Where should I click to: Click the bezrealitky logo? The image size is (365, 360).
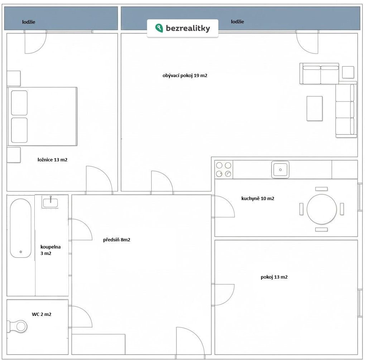pos(183,28)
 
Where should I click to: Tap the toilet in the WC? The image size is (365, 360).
pos(17,326)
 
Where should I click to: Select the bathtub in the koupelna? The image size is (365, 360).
pos(20,228)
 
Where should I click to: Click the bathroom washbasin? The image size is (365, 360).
pos(50,202)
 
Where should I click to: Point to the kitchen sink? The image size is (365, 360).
pos(280,170)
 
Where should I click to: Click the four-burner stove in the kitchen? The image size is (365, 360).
pos(224,169)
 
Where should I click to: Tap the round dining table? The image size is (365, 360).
pos(321,209)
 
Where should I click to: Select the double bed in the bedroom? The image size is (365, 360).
pos(42,116)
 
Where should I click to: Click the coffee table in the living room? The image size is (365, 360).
pos(314,108)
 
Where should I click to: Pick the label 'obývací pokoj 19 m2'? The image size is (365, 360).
pos(185,76)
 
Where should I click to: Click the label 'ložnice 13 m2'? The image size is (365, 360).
pos(52,160)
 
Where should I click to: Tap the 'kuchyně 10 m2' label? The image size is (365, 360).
pos(258,199)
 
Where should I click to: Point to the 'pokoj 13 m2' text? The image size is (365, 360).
pos(274,277)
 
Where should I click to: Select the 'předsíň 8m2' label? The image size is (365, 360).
pos(117,240)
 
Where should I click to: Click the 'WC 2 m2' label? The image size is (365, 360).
pos(42,314)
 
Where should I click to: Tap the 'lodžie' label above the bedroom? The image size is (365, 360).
pos(29,22)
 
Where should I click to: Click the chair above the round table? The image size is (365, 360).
pos(321,189)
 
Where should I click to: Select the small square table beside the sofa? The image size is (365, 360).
pos(348,72)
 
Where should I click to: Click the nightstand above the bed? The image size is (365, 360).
pos(14,78)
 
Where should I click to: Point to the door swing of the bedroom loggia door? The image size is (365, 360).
pos(39,48)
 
